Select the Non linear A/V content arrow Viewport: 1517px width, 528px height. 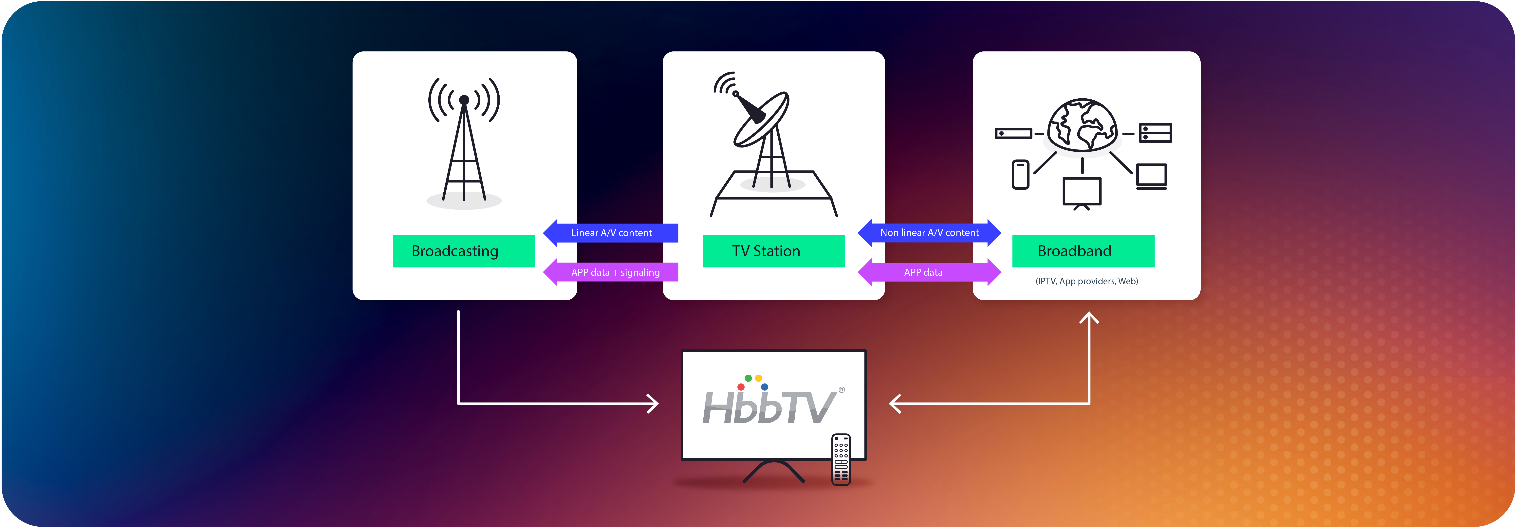pos(929,233)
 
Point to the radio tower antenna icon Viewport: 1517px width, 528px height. pos(464,141)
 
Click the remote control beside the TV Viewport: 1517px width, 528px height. pos(841,460)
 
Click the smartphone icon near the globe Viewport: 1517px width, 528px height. pos(1020,174)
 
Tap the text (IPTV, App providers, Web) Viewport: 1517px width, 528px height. pos(1086,281)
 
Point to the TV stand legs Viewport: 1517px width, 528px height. pos(773,471)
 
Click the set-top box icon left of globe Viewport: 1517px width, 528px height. pos(1013,133)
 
